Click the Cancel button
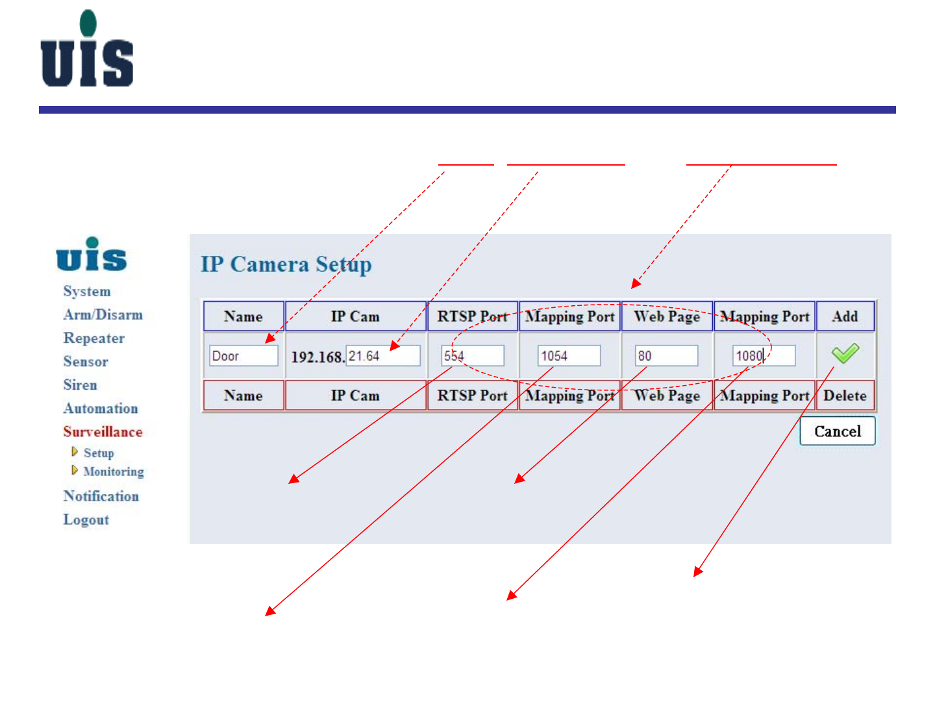[837, 431]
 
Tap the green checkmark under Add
[845, 353]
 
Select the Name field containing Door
[243, 356]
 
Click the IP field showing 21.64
[382, 356]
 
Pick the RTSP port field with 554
[473, 356]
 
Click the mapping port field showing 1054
[569, 356]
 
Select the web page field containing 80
[666, 356]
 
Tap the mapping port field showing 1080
[764, 356]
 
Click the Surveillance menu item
[103, 432]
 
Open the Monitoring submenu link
[114, 471]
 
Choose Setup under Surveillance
[99, 453]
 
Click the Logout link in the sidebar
[86, 520]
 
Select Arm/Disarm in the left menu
[103, 315]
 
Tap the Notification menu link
[101, 496]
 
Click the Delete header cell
[845, 395]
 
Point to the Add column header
[845, 316]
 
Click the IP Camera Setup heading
[286, 264]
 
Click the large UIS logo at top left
[87, 49]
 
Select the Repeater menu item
[93, 338]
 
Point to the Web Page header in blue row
[667, 316]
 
